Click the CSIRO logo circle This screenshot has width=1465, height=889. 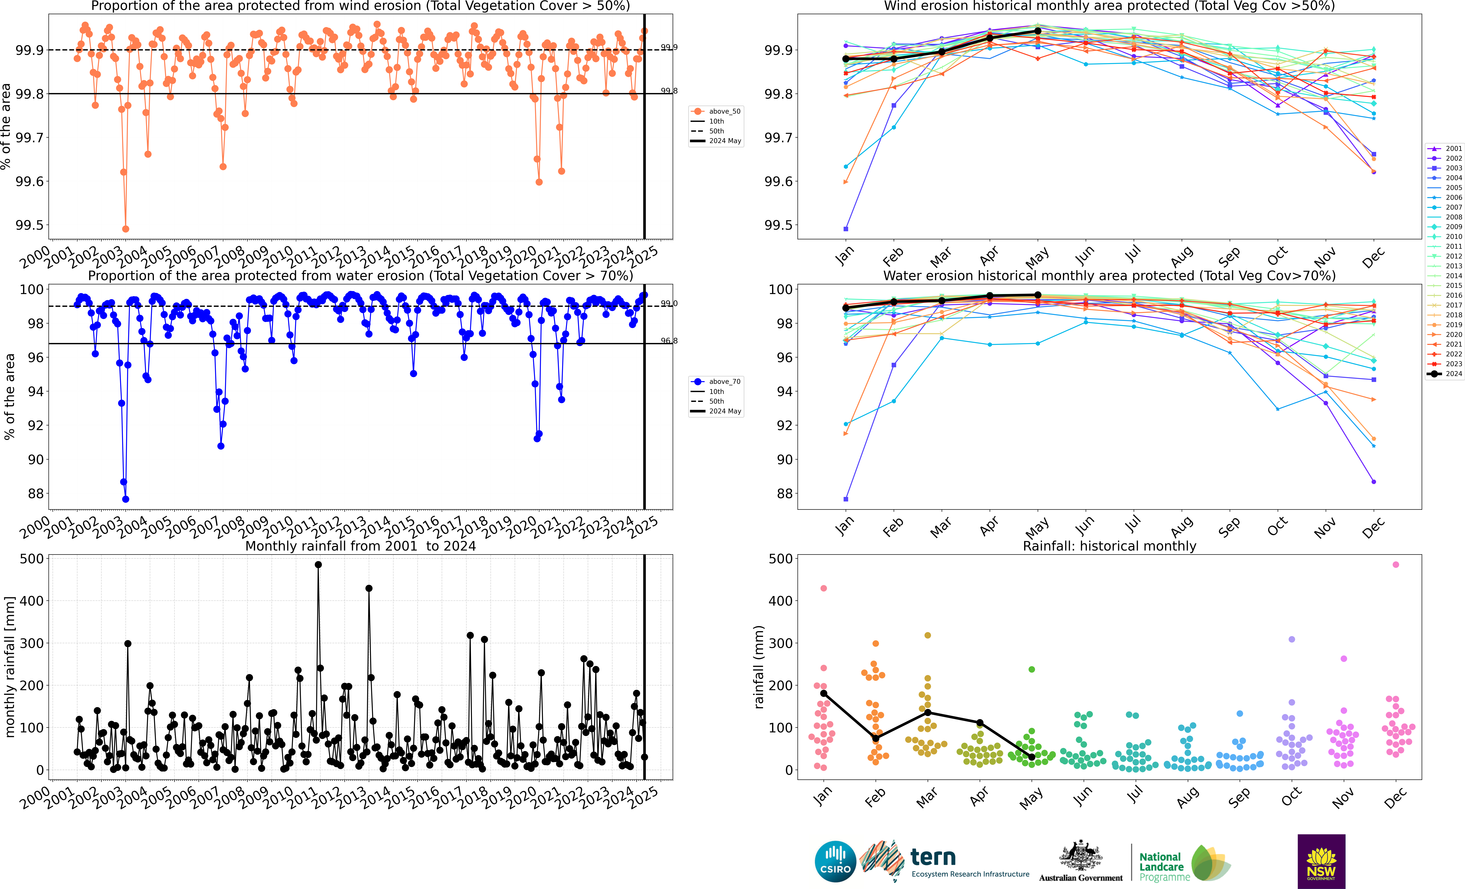835,861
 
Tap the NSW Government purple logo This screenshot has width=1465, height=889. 1321,861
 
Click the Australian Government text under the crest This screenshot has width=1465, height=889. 1081,878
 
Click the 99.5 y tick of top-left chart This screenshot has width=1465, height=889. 30,225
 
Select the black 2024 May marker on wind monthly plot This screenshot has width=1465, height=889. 1038,31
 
